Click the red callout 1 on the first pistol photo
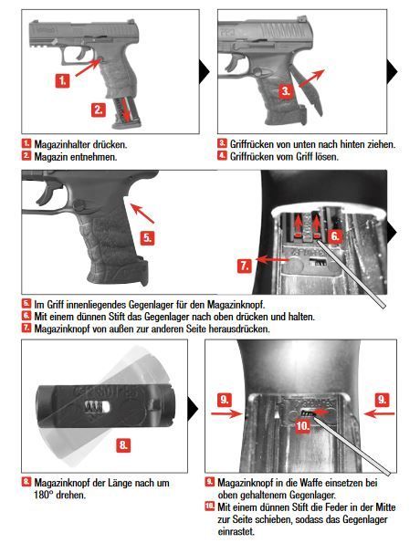[63, 80]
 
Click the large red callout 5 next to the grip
[148, 235]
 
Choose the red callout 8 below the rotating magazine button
[123, 445]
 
